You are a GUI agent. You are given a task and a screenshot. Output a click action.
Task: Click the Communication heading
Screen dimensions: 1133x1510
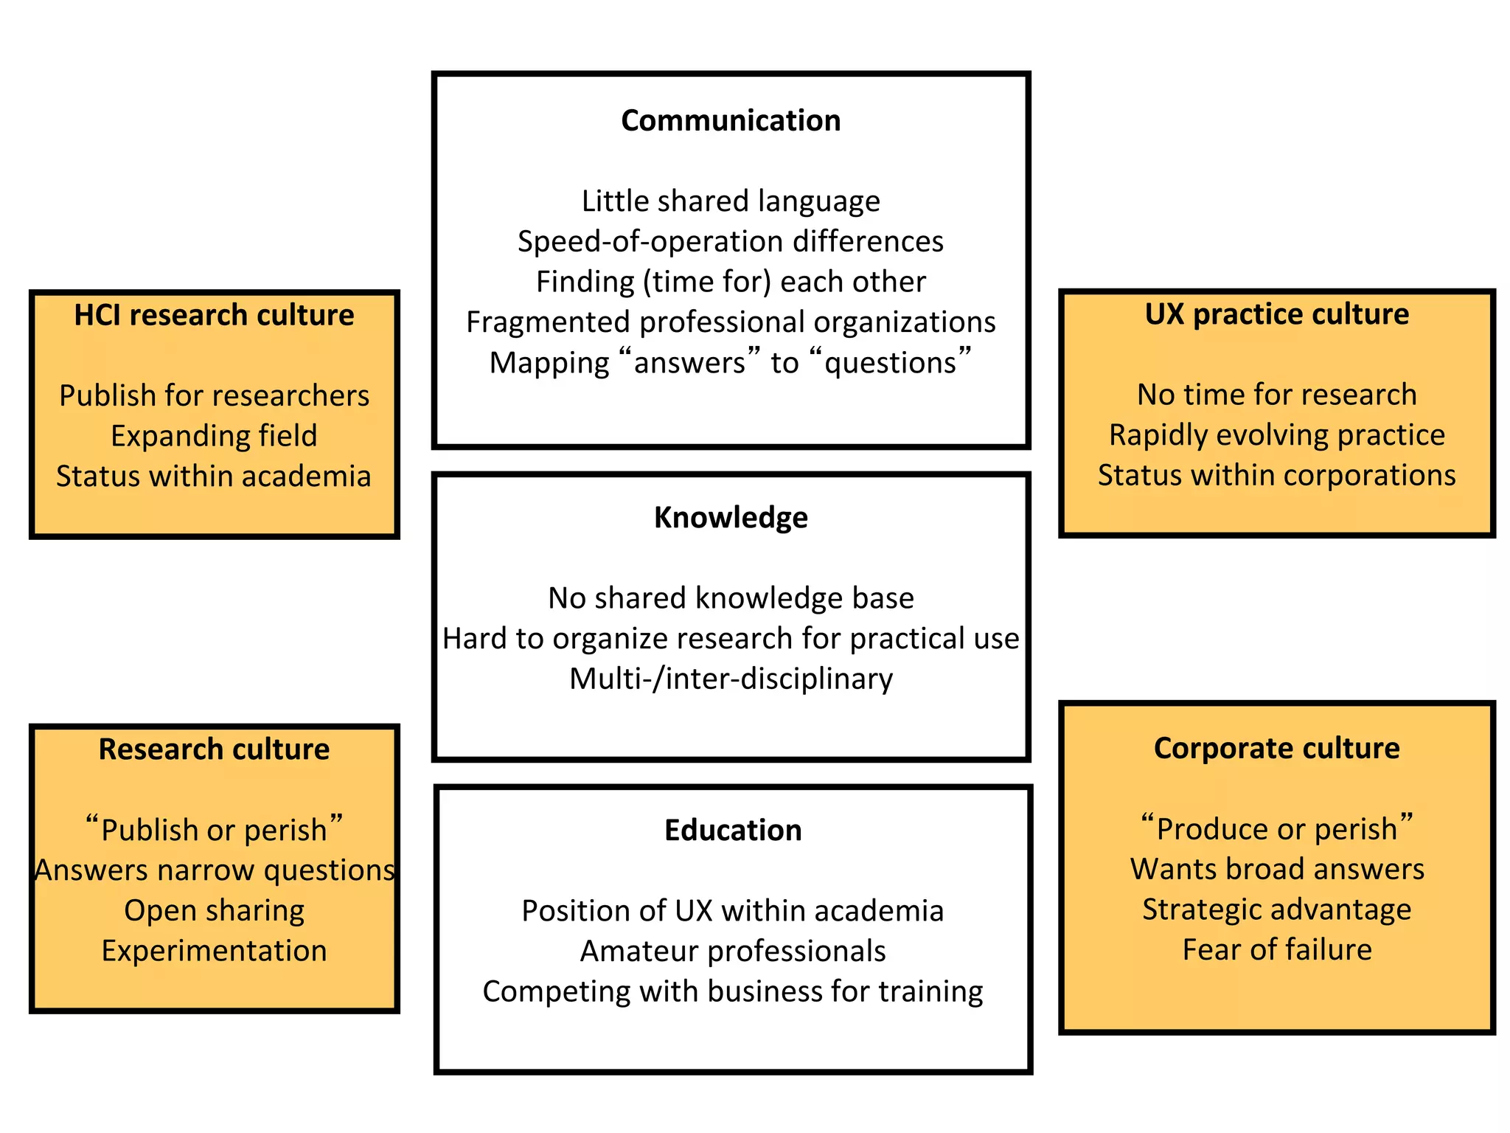coord(731,121)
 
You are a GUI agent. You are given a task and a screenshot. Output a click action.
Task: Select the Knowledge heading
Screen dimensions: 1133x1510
coord(731,518)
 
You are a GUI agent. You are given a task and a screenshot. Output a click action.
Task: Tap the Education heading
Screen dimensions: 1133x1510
coord(733,831)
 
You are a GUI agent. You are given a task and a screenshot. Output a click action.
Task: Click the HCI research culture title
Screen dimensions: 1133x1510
coord(214,316)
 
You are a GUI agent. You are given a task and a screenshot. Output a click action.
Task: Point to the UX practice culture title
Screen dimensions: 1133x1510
coord(1276,315)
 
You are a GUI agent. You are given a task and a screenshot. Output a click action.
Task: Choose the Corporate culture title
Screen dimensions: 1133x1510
coord(1276,749)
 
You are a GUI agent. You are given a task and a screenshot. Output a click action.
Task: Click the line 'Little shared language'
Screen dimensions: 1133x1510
coord(731,201)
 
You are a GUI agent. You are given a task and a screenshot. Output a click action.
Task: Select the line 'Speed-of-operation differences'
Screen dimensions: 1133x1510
coord(731,242)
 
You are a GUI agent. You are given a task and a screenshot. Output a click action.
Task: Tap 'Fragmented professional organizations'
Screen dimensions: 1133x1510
coord(731,322)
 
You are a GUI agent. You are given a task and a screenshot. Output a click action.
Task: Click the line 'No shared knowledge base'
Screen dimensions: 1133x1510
coord(731,598)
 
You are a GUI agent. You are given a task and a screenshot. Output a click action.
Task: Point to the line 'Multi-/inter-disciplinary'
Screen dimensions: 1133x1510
coord(731,679)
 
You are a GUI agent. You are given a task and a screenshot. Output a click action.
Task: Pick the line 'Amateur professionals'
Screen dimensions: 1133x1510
coord(733,952)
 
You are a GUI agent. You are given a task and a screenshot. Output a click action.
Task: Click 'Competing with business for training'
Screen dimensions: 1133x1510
coord(733,992)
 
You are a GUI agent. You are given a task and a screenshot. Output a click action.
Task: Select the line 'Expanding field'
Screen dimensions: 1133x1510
coord(214,437)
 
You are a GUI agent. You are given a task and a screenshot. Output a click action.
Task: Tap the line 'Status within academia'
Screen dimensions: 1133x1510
coord(214,477)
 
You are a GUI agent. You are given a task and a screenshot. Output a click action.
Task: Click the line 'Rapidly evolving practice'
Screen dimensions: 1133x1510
coord(1276,435)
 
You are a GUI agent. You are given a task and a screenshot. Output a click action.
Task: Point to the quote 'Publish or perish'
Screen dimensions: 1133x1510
coord(214,830)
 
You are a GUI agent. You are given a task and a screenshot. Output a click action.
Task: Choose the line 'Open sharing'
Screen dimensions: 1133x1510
coord(214,911)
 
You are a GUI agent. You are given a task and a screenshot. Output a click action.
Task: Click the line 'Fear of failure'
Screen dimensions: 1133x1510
coord(1276,950)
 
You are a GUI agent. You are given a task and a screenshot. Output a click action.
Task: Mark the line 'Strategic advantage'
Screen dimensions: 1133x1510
coord(1276,909)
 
